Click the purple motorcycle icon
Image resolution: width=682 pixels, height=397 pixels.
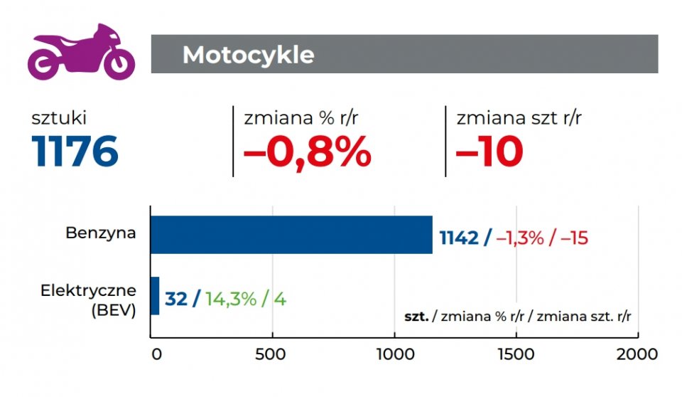[x=80, y=53]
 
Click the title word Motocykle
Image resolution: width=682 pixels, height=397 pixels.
[x=248, y=55]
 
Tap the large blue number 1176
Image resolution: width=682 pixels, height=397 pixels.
[x=75, y=151]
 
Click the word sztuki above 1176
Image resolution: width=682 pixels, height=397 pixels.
[x=59, y=118]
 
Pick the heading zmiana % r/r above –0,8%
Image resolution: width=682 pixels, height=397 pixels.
[x=301, y=118]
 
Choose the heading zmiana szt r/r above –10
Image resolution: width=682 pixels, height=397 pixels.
[x=519, y=118]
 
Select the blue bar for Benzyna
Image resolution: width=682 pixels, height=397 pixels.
[x=291, y=235]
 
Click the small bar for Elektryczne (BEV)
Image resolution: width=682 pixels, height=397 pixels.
[x=155, y=295]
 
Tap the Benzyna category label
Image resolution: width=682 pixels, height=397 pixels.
[x=101, y=233]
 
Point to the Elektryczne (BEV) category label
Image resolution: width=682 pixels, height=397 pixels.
[x=88, y=300]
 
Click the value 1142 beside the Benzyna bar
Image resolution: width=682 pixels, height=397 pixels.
[x=459, y=238]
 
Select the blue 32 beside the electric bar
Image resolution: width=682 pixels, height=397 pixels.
[x=176, y=299]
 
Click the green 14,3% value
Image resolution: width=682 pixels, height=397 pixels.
[x=230, y=299]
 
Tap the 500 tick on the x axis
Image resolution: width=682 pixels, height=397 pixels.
[x=273, y=354]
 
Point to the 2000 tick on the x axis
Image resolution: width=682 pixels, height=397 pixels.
[x=637, y=354]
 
